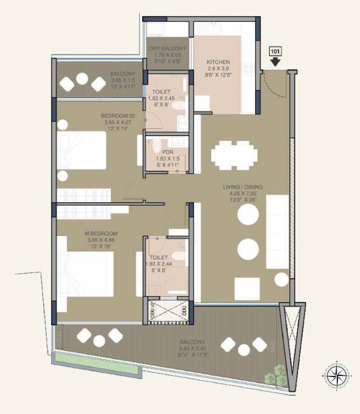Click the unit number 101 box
coord(275,52)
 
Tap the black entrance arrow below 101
coord(275,63)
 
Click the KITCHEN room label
coord(218,62)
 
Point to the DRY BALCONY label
coord(168,49)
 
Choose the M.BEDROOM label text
coord(101,233)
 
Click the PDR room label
coord(167,152)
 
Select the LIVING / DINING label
coord(243,188)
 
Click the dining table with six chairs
coord(232,155)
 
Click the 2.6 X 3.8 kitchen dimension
coord(218,69)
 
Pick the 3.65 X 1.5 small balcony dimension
coord(122,80)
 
